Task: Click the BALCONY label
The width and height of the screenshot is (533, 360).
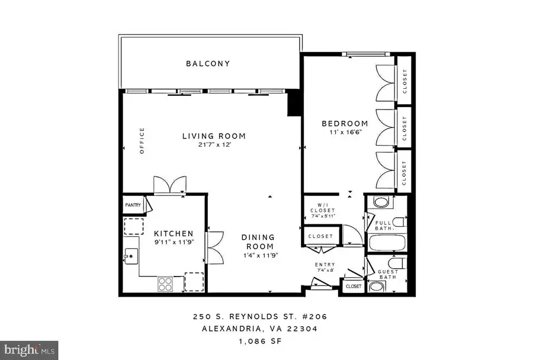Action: point(208,63)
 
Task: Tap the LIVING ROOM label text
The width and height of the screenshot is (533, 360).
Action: point(213,136)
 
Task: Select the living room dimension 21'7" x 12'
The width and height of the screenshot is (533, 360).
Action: point(213,145)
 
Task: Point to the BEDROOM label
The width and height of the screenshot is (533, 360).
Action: point(344,124)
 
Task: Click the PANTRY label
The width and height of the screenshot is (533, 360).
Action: point(133,205)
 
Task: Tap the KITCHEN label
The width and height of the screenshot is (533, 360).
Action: point(174,233)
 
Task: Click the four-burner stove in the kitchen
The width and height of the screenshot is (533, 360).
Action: point(165,284)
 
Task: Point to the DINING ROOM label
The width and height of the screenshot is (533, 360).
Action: point(259,242)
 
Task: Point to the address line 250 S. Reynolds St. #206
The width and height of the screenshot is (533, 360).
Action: point(259,317)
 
